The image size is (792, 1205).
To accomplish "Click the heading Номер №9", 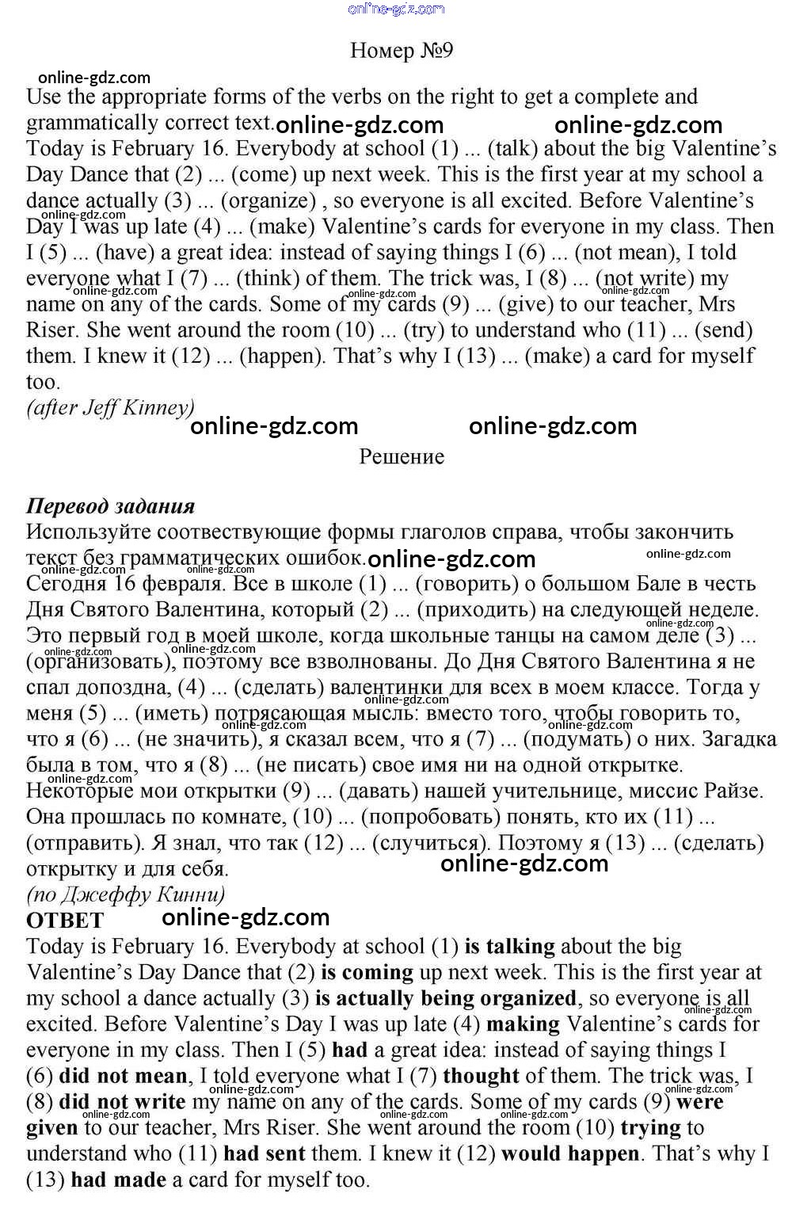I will [x=401, y=51].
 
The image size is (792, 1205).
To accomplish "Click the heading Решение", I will [x=401, y=457].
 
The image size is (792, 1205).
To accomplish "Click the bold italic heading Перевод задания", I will [x=110, y=506].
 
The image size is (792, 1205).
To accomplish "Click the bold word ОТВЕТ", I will [x=65, y=921].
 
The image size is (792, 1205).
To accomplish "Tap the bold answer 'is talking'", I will [x=509, y=947].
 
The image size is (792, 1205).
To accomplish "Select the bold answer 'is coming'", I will [x=367, y=973].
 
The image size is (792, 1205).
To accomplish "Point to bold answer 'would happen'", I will [x=569, y=1154].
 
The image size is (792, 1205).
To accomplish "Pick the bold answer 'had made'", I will [x=118, y=1180].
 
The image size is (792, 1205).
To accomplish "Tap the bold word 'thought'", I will [x=481, y=1077].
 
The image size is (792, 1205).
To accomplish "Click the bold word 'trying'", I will [x=650, y=1128].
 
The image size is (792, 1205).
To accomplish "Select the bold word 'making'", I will [x=523, y=1024].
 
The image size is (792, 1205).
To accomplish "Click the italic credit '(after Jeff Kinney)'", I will [x=110, y=408].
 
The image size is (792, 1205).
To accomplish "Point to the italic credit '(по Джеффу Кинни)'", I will [x=125, y=895].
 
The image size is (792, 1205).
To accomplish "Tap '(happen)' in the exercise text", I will [x=281, y=357].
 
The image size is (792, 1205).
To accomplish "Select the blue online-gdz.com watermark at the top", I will [x=396, y=9].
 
